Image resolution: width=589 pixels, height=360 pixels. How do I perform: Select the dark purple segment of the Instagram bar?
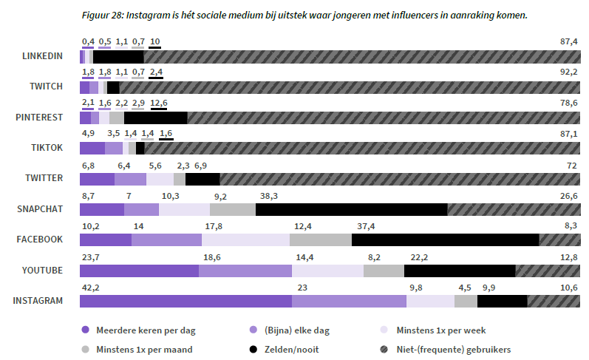pyautogui.click(x=185, y=301)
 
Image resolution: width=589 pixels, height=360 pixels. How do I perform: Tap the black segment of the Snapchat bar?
pyautogui.click(x=351, y=209)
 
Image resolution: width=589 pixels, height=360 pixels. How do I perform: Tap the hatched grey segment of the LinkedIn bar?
pyautogui.click(x=362, y=56)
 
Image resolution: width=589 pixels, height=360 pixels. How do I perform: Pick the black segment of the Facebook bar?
pyautogui.click(x=445, y=240)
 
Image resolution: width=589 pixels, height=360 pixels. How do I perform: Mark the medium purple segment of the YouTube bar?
pyautogui.click(x=245, y=271)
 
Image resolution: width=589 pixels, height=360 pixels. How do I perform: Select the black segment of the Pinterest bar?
pyautogui.click(x=155, y=118)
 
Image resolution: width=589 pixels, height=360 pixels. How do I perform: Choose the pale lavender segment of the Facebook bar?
pyautogui.click(x=245, y=240)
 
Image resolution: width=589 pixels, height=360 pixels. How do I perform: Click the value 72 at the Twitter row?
pyautogui.click(x=571, y=165)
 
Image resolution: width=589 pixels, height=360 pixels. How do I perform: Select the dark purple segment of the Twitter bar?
pyautogui.click(x=97, y=179)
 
